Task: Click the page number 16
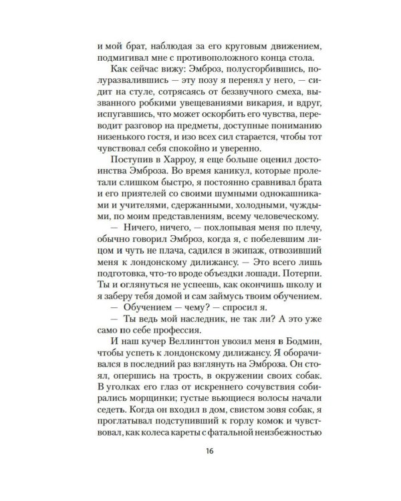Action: (200, 468)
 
